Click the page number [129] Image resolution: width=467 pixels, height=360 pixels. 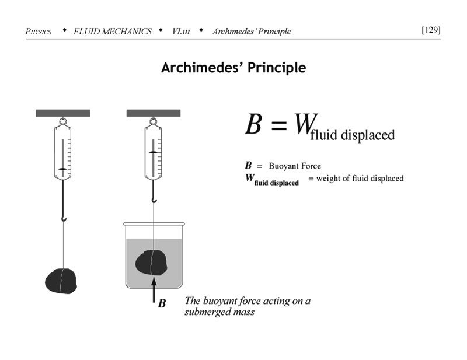tap(431, 30)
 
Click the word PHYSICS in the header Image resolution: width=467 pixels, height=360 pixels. tap(39, 31)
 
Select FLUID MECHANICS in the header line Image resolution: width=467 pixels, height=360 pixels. tap(113, 31)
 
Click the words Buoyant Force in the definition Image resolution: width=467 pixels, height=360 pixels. tap(295, 166)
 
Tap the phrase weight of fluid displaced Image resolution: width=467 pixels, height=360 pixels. tap(360, 179)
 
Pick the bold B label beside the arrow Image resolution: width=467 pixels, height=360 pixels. tap(162, 303)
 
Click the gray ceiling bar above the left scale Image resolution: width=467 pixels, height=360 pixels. tap(62, 113)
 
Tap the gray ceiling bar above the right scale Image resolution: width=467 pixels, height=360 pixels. tap(153, 113)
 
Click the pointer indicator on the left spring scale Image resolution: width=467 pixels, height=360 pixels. tap(62, 168)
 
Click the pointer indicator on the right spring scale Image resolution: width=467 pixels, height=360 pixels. tap(153, 152)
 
